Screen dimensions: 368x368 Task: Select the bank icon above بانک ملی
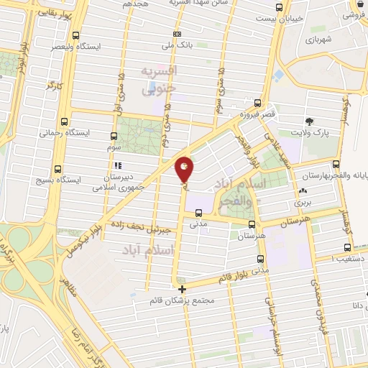pyautogui.click(x=178, y=33)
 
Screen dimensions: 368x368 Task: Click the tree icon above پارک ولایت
pyautogui.click(x=309, y=121)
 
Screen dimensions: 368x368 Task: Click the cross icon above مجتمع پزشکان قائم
pyautogui.click(x=182, y=289)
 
